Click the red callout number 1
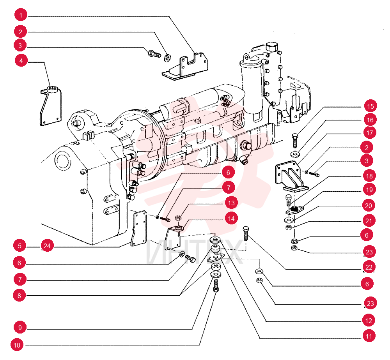[21, 15]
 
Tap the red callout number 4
[21, 61]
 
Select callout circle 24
[47, 246]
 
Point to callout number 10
[17, 345]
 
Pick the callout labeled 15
[370, 106]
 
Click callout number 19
[369, 190]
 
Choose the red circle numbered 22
[369, 267]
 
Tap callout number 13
[231, 203]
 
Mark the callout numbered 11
[369, 336]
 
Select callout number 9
[20, 328]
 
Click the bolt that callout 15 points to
[295, 141]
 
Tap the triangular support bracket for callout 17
[291, 176]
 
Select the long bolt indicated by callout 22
[245, 233]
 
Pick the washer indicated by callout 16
[295, 154]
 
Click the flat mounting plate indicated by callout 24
[139, 228]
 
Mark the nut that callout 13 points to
[178, 218]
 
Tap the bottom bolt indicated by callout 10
[216, 286]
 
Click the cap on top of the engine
[272, 46]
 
